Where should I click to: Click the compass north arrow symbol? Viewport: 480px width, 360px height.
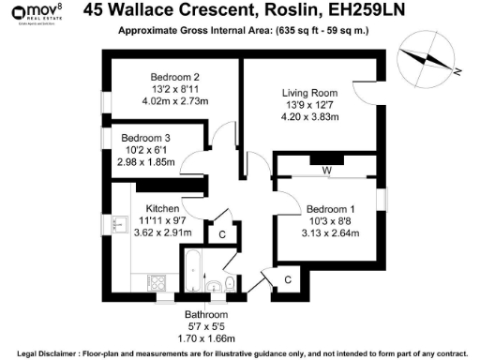(x=426, y=59)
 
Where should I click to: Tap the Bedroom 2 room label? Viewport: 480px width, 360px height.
(x=175, y=77)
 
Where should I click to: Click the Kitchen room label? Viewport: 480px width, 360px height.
(x=161, y=209)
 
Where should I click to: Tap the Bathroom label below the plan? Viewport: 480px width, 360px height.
(x=205, y=314)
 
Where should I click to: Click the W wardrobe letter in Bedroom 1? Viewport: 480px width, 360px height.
(x=326, y=172)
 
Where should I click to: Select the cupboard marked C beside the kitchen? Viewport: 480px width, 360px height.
(x=222, y=233)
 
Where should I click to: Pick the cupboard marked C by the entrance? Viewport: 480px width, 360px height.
(x=287, y=278)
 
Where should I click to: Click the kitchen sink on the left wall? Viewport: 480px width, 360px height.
(x=119, y=224)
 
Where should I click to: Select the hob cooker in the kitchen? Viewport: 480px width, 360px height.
(x=157, y=281)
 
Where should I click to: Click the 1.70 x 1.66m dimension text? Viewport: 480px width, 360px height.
(x=205, y=337)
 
